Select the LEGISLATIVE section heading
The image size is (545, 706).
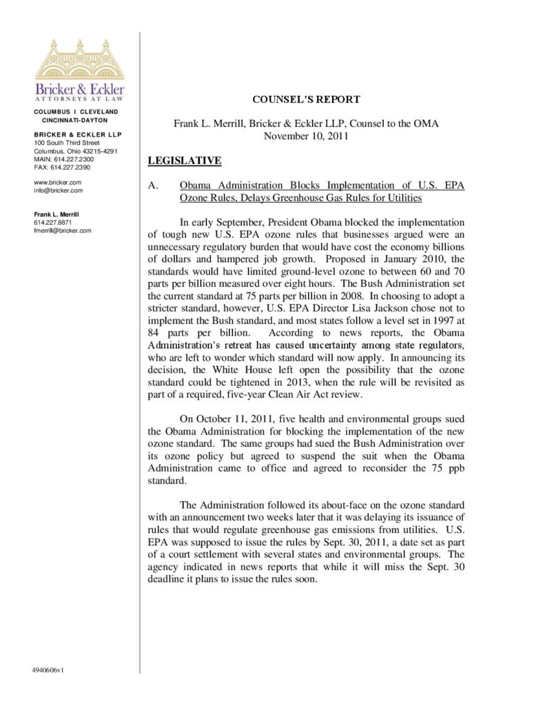pyautogui.click(x=185, y=161)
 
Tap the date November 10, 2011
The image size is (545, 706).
pyautogui.click(x=306, y=136)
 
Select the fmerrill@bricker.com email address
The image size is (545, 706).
pyautogui.click(x=62, y=230)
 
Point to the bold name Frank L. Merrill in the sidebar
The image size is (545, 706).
pyautogui.click(x=56, y=214)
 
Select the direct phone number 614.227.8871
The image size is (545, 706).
pyautogui.click(x=52, y=223)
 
